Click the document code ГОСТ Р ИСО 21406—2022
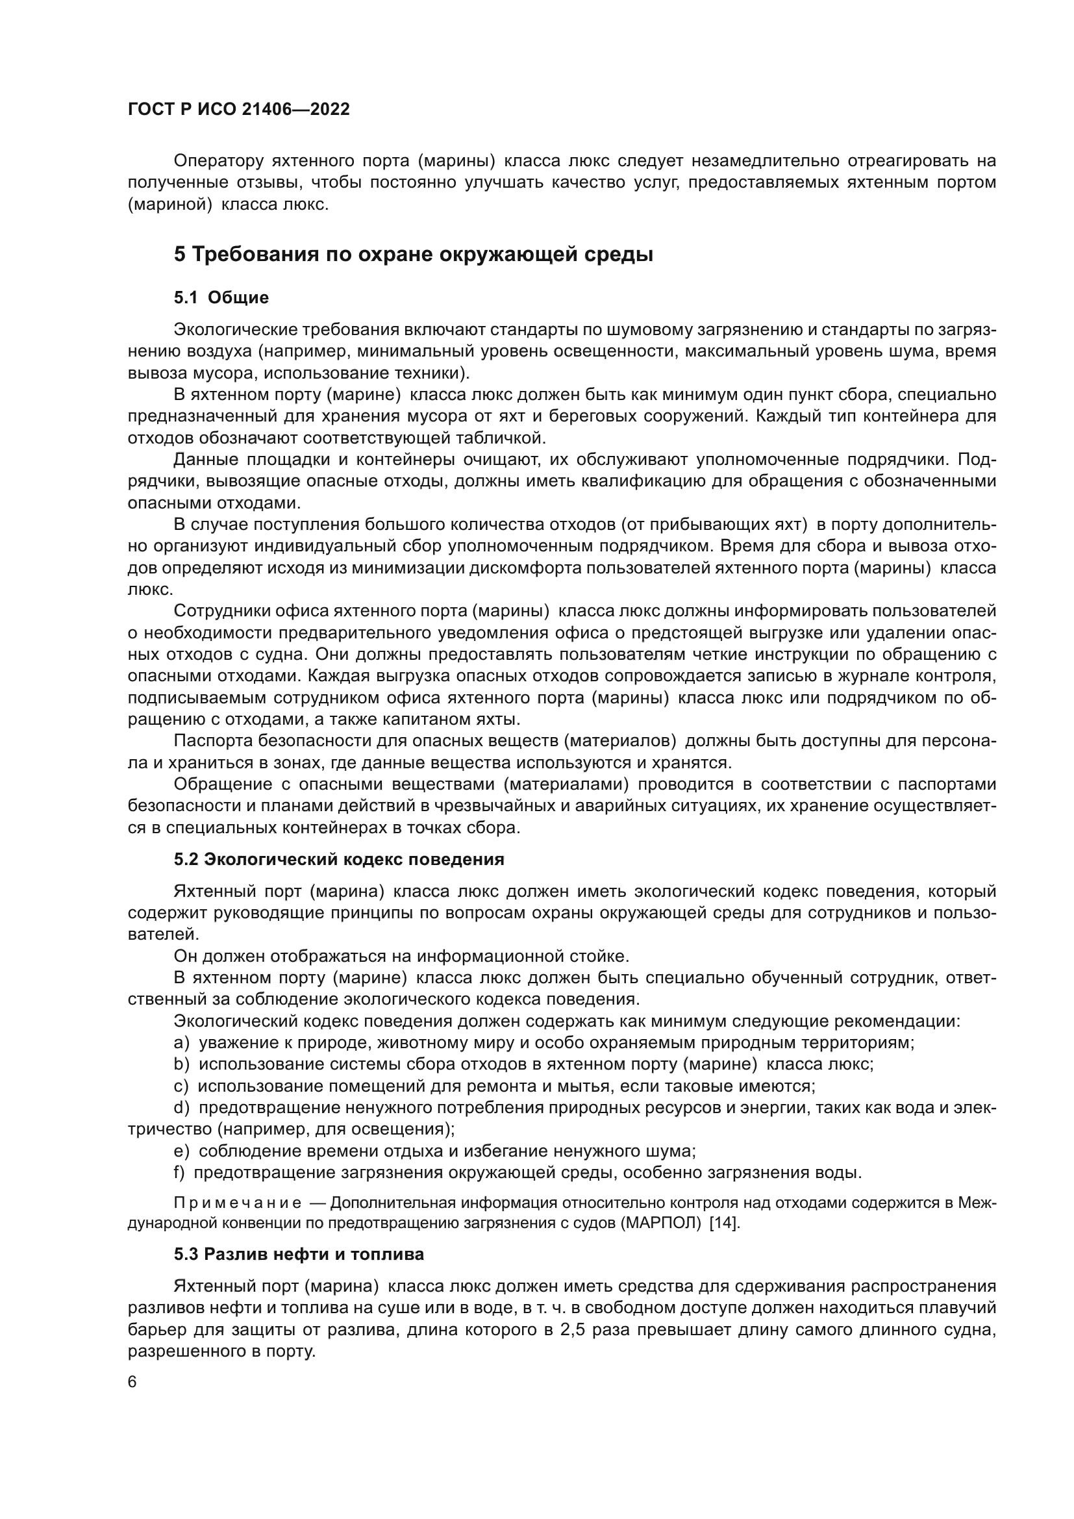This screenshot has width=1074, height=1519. point(238,109)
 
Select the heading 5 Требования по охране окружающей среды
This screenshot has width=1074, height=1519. point(414,255)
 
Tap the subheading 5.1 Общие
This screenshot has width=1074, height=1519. point(221,297)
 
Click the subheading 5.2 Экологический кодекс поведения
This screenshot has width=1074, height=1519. point(338,859)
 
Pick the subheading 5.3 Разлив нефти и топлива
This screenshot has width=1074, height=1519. point(299,1255)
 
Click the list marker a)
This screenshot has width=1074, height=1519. point(181,1044)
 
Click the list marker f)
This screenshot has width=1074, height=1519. point(179,1173)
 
